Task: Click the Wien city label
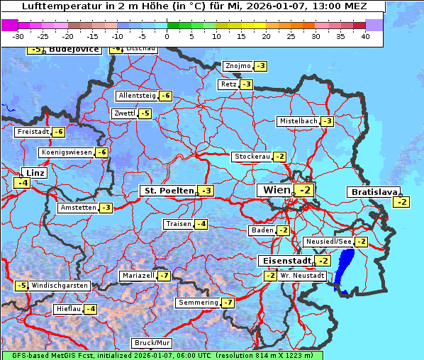pyautogui.click(x=277, y=190)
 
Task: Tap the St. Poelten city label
pyautogui.click(x=168, y=191)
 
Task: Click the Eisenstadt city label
pyautogui.click(x=284, y=260)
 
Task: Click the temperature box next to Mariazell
pyautogui.click(x=164, y=275)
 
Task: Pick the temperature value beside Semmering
pyautogui.click(x=228, y=303)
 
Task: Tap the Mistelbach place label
pyautogui.click(x=298, y=121)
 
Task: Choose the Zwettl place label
pyautogui.click(x=124, y=113)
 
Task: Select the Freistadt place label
pyautogui.click(x=33, y=132)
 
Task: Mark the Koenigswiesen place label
pyautogui.click(x=67, y=152)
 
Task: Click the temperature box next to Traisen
pyautogui.click(x=202, y=224)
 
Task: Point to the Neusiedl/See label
pyautogui.click(x=328, y=242)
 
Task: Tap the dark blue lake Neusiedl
pyautogui.click(x=345, y=277)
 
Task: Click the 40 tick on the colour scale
pyautogui.click(x=365, y=36)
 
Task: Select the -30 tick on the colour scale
pyautogui.click(x=18, y=36)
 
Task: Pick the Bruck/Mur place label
pyautogui.click(x=152, y=342)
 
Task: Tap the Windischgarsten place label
pyautogui.click(x=60, y=285)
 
